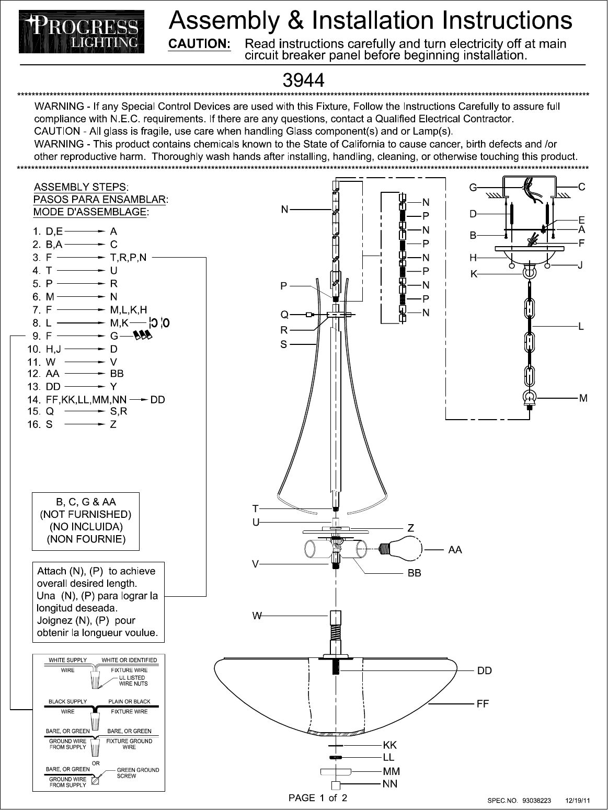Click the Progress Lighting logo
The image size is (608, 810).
(82, 32)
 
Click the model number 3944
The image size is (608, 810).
(303, 80)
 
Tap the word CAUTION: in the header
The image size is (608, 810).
(199, 44)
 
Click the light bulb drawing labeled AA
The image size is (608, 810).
(401, 549)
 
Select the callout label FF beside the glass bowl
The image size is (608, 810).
(483, 704)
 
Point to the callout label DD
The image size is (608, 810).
(485, 670)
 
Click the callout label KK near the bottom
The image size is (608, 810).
(390, 745)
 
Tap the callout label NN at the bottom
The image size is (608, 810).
(390, 784)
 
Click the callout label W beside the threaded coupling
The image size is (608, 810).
(256, 616)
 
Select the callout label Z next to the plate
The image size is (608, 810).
(411, 528)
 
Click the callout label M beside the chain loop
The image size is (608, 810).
(583, 398)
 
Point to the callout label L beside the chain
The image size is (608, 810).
(581, 327)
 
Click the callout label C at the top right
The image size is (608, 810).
(581, 187)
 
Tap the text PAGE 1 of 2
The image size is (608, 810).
(318, 798)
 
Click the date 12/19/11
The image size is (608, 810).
(578, 801)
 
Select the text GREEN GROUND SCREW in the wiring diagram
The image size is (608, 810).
(138, 773)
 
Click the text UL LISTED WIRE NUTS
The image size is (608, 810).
(133, 680)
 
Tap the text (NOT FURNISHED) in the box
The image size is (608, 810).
(86, 514)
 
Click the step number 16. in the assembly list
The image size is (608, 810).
(34, 424)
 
